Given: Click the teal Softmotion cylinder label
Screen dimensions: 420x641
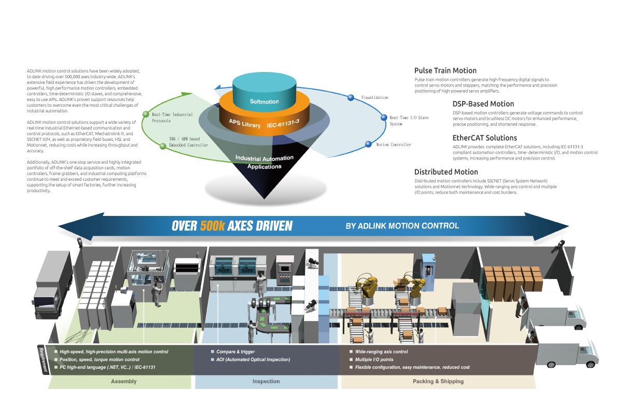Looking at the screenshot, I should [264, 102].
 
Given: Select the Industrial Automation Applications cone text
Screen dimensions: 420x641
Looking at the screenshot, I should [264, 162].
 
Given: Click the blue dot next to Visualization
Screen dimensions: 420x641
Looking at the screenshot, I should [351, 97].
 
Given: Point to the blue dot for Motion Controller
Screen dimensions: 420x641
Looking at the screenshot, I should [368, 144].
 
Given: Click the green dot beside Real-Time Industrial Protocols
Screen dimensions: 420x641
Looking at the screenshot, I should [146, 114].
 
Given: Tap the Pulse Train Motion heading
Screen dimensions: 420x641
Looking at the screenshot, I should [445, 70].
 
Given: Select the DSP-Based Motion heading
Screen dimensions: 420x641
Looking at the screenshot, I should [483, 104].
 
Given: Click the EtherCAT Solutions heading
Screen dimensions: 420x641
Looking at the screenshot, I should [484, 138].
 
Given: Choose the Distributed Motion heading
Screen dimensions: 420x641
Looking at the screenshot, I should [445, 172].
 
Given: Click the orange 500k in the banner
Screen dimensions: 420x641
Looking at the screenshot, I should [212, 226].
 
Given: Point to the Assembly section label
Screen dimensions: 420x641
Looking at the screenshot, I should [123, 381].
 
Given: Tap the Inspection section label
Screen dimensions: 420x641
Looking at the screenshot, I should [266, 381].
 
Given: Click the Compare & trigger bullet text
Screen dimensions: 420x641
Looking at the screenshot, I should [235, 352].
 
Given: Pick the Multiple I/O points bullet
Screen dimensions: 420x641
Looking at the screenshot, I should [374, 359].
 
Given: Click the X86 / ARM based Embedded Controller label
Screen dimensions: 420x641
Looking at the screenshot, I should [188, 142].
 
